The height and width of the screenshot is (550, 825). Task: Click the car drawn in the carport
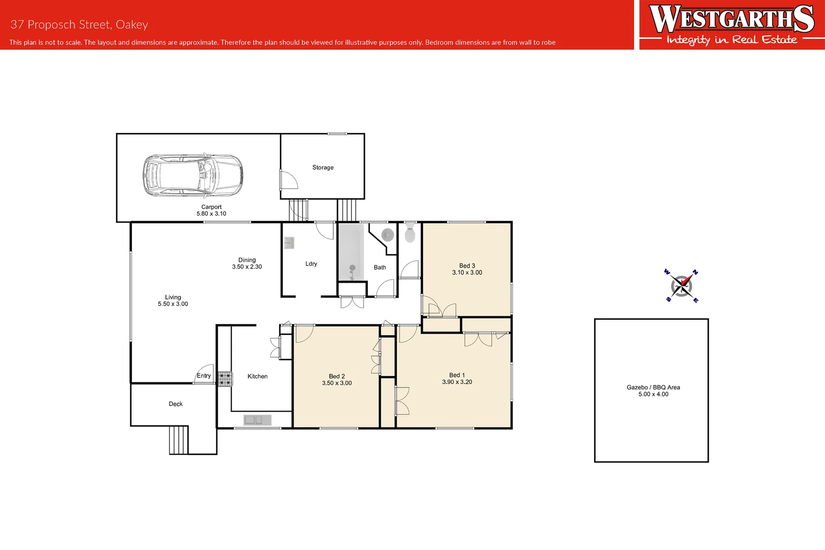point(192,175)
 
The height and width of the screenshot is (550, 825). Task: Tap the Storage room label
point(323,168)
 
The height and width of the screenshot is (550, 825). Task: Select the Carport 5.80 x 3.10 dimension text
point(211,214)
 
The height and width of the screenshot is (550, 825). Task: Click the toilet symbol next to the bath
point(410,233)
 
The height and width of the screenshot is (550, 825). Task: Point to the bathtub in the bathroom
point(351,253)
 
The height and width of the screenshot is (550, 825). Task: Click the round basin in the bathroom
point(388,235)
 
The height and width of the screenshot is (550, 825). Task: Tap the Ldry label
point(311,264)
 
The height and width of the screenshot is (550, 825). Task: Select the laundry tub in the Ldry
point(289,242)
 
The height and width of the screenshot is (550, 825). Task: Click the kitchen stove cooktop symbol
point(225,379)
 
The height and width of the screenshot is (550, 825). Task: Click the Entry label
point(204,376)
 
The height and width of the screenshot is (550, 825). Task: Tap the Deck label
point(176,404)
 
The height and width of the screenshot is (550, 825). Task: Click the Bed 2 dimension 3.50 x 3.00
point(336,383)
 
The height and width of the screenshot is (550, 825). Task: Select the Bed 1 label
point(457,375)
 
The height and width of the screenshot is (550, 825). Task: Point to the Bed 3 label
point(467,266)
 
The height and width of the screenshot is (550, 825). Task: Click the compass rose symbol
point(681,286)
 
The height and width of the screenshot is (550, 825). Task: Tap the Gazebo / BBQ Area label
point(653,388)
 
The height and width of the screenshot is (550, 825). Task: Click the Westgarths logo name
point(731,19)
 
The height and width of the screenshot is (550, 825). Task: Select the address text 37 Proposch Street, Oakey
point(79,24)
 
